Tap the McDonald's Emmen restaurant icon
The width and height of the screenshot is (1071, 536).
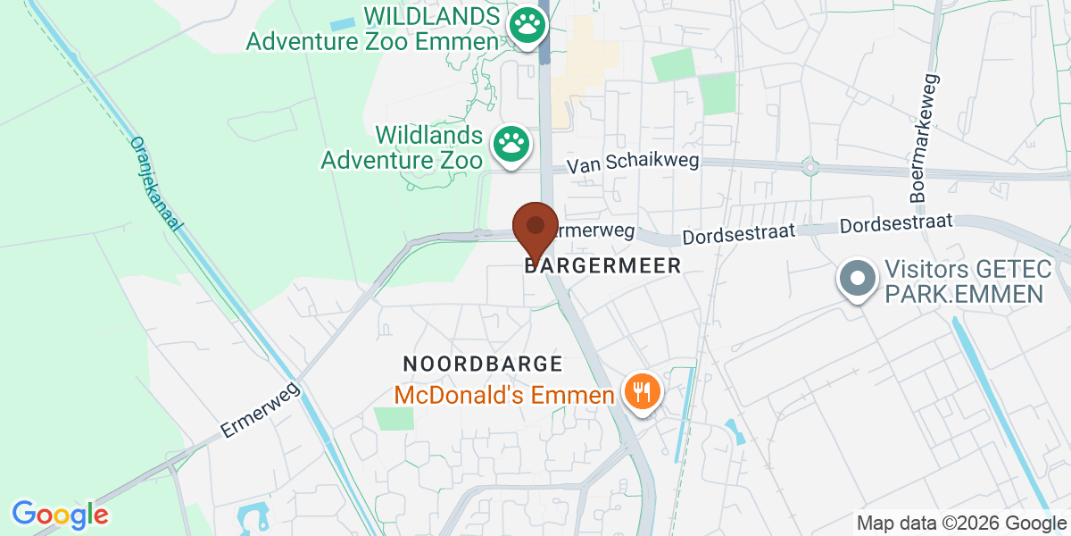click(640, 390)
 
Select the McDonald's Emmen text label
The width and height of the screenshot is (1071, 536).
click(504, 394)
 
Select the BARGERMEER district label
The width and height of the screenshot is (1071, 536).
click(604, 265)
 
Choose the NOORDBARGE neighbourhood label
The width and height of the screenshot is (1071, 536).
click(483, 364)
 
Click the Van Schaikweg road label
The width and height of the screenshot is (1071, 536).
click(634, 163)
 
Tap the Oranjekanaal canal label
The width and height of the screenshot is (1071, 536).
click(155, 183)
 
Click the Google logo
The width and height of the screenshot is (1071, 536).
click(60, 514)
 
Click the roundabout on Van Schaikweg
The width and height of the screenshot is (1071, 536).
click(809, 166)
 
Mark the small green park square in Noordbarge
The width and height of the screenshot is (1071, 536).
click(394, 418)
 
